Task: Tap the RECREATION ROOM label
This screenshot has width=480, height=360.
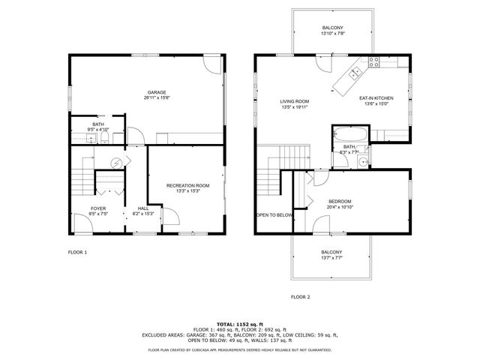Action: (187, 185)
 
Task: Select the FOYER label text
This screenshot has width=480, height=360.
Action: (99, 208)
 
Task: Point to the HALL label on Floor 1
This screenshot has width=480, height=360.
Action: (142, 208)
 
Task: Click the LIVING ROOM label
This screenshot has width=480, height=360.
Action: (295, 101)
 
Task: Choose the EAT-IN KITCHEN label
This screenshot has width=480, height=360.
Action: (376, 98)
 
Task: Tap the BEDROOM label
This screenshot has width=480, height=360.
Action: (340, 202)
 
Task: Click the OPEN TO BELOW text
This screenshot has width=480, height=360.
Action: (274, 214)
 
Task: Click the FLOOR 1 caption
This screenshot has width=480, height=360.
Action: (78, 252)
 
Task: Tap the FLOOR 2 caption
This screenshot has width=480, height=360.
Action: (300, 297)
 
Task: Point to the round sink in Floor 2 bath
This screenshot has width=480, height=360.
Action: (362, 160)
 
